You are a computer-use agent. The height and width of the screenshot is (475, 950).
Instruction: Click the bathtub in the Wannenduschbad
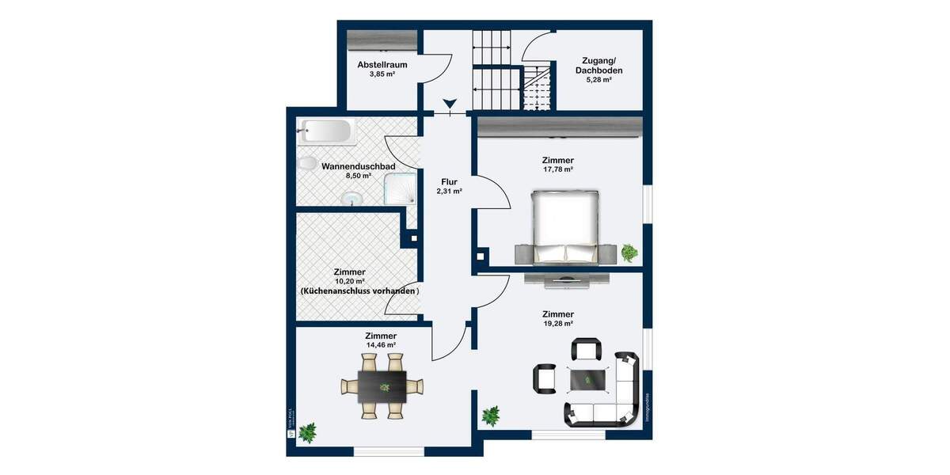[x=326, y=131]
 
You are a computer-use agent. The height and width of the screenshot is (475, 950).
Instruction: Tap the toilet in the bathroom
[x=306, y=164]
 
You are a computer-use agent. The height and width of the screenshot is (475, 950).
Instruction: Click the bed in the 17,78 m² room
[x=564, y=226]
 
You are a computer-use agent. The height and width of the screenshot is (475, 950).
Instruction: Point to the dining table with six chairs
[x=382, y=386]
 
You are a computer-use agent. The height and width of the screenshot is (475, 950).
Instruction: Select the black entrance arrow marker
[x=450, y=104]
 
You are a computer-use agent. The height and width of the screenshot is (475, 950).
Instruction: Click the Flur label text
[x=449, y=181]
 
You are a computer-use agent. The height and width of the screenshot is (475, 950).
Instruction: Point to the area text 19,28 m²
[x=558, y=324]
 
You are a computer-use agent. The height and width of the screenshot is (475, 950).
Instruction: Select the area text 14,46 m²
[x=381, y=346]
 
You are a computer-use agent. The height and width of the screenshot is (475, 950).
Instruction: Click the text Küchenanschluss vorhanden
[x=359, y=291]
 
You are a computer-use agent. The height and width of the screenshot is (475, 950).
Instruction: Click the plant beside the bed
[x=629, y=253]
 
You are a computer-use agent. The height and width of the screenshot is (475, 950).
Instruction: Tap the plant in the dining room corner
[x=307, y=431]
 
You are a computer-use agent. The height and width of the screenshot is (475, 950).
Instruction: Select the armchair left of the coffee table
[x=545, y=378]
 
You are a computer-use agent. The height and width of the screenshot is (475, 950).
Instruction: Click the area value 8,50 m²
[x=358, y=176]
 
